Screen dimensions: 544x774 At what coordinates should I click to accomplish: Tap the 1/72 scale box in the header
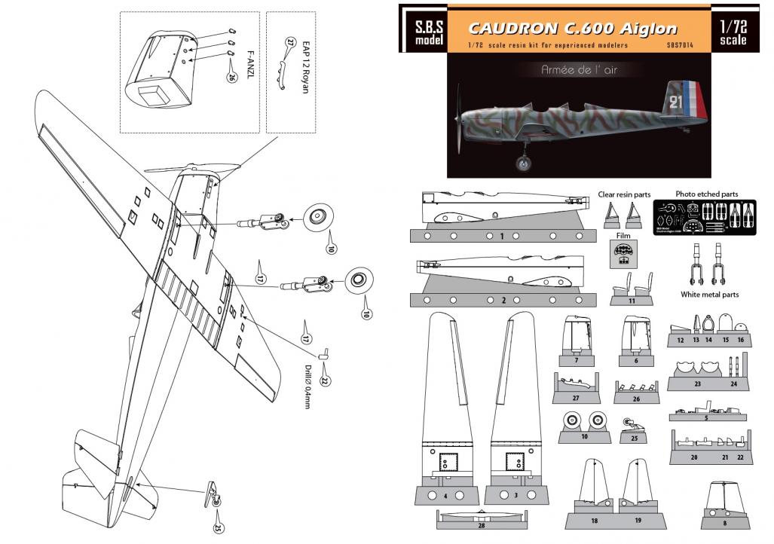click(733, 31)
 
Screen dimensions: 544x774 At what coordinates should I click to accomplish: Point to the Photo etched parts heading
click(707, 194)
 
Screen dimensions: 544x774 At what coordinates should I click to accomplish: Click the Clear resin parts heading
click(623, 194)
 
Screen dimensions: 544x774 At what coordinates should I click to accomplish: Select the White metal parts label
click(709, 295)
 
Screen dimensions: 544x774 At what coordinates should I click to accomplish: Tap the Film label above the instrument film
click(623, 243)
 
